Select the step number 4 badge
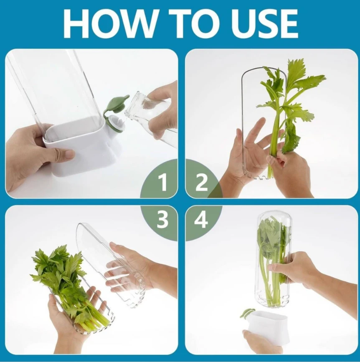pyautogui.click(x=201, y=219)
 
